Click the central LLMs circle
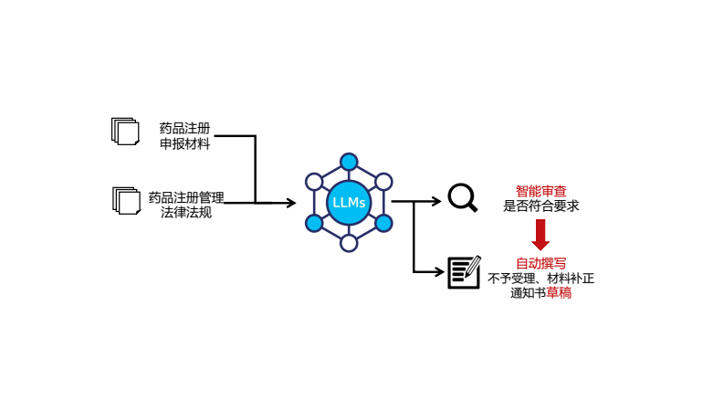tap(349, 202)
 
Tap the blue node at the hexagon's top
tap(349, 162)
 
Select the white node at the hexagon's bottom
tap(349, 243)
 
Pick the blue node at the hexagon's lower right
tap(383, 223)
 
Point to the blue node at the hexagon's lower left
tap(314, 223)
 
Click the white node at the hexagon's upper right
tap(383, 182)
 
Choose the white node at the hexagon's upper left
tap(314, 182)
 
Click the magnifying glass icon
tap(462, 197)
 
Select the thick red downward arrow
tap(540, 234)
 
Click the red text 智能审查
tap(540, 192)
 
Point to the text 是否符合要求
tap(540, 206)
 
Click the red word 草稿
tap(559, 293)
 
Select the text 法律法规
tap(186, 212)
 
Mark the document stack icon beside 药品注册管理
tap(126, 200)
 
